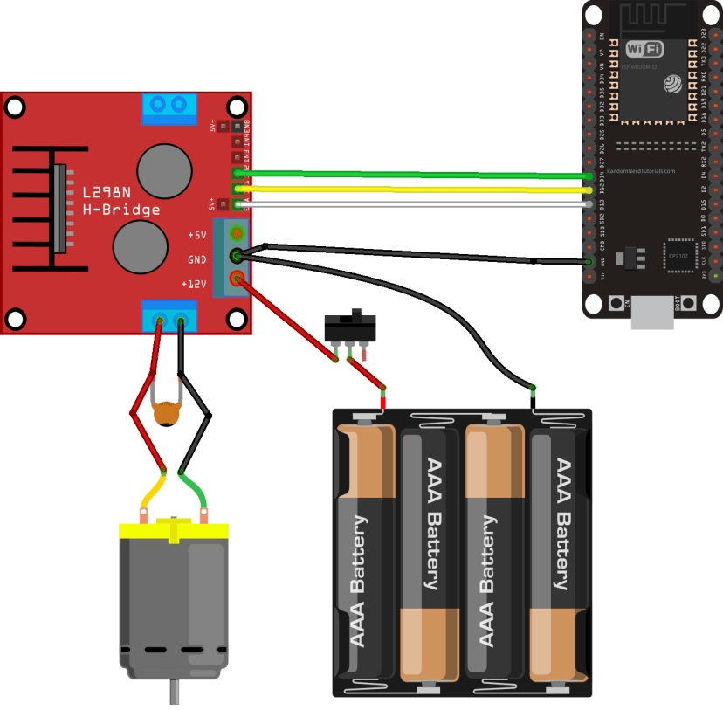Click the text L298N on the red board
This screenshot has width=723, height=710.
click(107, 193)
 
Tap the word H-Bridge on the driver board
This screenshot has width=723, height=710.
click(121, 210)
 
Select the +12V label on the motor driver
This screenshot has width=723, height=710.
click(194, 284)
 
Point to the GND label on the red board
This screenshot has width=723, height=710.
click(196, 259)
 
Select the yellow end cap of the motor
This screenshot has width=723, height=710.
click(173, 529)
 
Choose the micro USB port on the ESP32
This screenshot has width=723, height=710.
click(652, 314)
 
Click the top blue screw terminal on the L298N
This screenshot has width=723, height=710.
click(168, 107)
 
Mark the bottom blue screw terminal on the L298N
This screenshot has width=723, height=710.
click(170, 317)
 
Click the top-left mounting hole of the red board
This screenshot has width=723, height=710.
click(15, 106)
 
